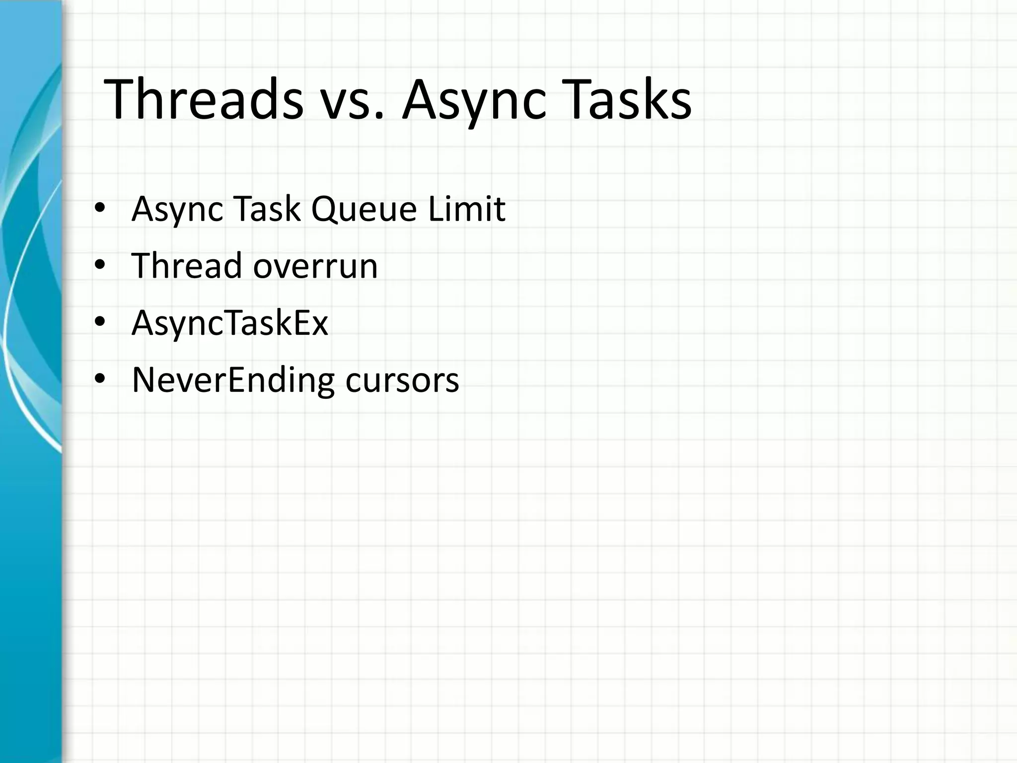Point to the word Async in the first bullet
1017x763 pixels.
click(177, 210)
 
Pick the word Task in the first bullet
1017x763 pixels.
click(267, 209)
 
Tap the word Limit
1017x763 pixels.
click(466, 209)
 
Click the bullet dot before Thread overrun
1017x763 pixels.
click(100, 265)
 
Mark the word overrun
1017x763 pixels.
click(315, 267)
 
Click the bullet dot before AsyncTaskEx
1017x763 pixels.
click(100, 322)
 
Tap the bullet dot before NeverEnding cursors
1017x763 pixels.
click(100, 380)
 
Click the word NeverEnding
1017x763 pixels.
click(233, 381)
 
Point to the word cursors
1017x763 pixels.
click(402, 381)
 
